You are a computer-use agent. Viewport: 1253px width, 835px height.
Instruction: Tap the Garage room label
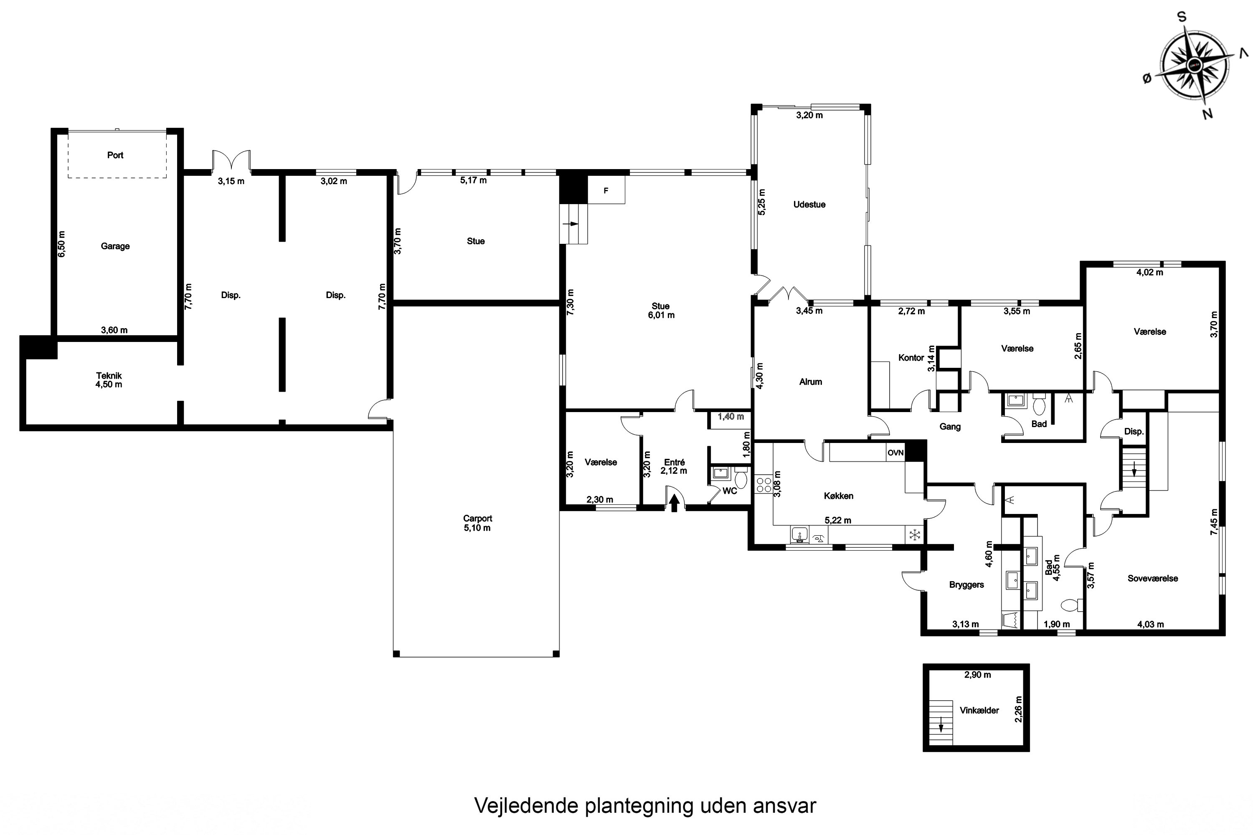tap(115, 246)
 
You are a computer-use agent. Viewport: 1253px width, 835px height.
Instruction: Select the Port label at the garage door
tap(115, 155)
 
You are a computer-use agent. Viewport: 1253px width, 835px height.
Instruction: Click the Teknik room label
tap(109, 375)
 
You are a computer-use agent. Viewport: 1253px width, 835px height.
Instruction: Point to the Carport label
tap(477, 518)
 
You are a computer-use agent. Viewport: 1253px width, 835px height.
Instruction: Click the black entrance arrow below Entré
tap(674, 502)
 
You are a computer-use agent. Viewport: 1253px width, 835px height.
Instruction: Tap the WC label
tap(729, 491)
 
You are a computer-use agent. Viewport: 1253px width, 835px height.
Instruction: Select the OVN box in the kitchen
tap(895, 453)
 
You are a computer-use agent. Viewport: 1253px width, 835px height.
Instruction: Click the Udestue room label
tap(809, 205)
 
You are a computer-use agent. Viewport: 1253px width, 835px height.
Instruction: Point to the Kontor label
tap(911, 357)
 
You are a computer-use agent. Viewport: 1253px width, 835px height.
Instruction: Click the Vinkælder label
tap(979, 711)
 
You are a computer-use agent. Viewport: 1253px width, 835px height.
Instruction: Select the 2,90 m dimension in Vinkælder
tap(978, 675)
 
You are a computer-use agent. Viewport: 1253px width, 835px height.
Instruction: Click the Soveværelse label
tap(1152, 578)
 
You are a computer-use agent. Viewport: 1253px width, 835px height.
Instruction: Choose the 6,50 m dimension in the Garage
tap(62, 244)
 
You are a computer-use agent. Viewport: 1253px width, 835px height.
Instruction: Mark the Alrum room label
tap(810, 382)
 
